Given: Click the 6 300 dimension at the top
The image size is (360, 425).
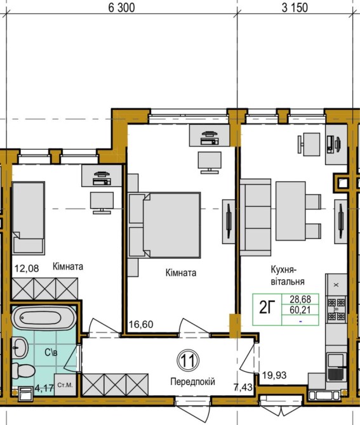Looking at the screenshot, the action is (121, 8).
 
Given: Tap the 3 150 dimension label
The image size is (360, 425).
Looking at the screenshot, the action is (295, 8).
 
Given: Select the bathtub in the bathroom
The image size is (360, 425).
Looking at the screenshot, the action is (44, 318).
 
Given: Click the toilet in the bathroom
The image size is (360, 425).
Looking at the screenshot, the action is (23, 370).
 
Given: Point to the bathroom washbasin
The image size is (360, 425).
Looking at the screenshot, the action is (20, 348).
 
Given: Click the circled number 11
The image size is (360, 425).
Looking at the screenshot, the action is (188, 361).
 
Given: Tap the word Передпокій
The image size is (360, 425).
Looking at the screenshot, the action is (192, 382).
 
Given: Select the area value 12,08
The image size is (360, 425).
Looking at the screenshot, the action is (27, 268).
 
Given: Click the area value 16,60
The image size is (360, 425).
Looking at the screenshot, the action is (141, 324).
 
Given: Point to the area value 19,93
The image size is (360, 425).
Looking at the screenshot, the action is (274, 376).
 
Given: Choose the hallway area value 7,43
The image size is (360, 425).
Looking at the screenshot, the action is (243, 387).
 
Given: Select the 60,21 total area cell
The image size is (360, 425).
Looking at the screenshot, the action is (300, 310).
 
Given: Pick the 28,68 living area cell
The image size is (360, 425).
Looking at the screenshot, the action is (300, 299).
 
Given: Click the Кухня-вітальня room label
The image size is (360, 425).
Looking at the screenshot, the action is (288, 276).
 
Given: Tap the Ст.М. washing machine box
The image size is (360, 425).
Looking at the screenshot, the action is (65, 385).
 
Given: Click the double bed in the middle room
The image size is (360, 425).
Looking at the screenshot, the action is (165, 225).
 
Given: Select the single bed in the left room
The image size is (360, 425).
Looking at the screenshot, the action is (28, 218).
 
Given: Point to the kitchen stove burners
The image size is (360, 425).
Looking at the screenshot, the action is (337, 310).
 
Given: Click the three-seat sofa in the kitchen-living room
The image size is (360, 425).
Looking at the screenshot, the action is (255, 217).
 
